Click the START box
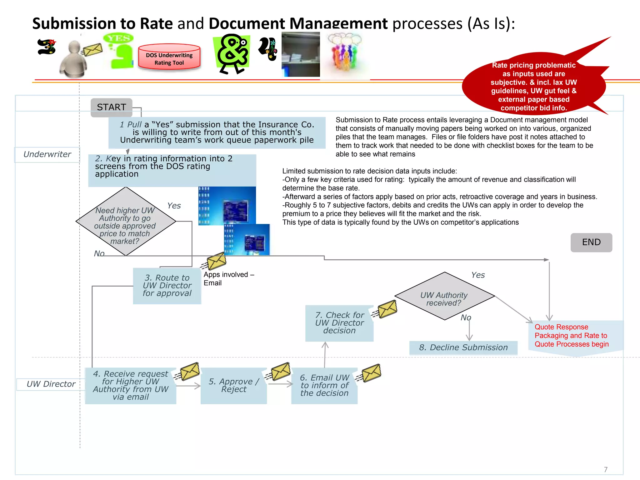coord(111,107)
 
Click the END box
coord(591,242)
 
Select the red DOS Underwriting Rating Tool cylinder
coord(169,57)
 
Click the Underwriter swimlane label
coord(47,154)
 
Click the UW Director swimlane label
coord(51,384)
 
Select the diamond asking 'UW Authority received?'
coord(444,296)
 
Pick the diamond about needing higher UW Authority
coord(125,222)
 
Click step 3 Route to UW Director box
coord(167,286)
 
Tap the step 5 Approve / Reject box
coord(234,386)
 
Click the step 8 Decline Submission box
coord(463,347)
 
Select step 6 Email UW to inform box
coord(324,386)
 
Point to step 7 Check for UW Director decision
coord(339,323)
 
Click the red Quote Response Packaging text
coord(571,336)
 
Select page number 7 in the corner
coord(605,469)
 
